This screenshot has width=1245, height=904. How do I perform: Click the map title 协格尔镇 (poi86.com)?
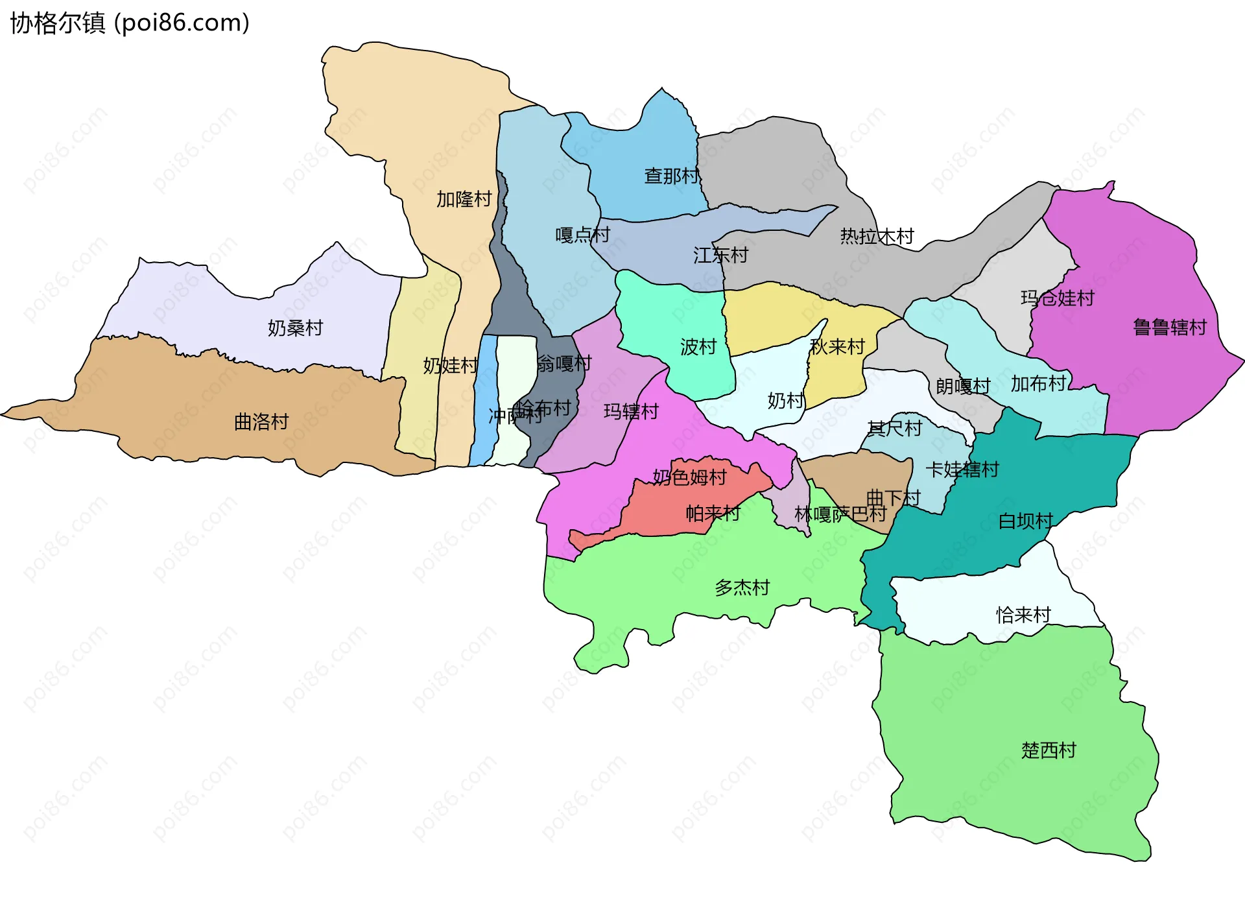pyautogui.click(x=130, y=23)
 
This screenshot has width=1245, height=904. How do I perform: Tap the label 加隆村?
pyautogui.click(x=464, y=199)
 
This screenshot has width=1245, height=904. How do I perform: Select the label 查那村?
pyautogui.click(x=671, y=176)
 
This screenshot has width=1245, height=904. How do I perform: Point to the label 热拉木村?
pyautogui.click(x=877, y=236)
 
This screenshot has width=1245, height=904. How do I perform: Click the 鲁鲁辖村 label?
pyautogui.click(x=1169, y=327)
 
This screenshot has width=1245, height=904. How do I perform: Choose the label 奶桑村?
pyautogui.click(x=295, y=328)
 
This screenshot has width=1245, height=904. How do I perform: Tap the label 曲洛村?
pyautogui.click(x=261, y=422)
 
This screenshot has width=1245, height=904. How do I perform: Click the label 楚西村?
pyautogui.click(x=1049, y=750)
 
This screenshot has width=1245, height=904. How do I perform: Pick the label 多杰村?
pyautogui.click(x=742, y=588)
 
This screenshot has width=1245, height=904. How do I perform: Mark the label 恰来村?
pyautogui.click(x=1023, y=614)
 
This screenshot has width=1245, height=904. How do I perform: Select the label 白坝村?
pyautogui.click(x=1025, y=521)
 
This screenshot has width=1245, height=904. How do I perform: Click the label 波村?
pyautogui.click(x=698, y=347)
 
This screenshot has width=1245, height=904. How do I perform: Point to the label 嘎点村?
pyautogui.click(x=582, y=235)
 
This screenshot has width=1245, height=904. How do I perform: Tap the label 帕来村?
pyautogui.click(x=713, y=514)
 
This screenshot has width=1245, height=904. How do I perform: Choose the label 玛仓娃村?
pyautogui.click(x=1057, y=298)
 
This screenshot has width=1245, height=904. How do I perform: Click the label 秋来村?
pyautogui.click(x=837, y=347)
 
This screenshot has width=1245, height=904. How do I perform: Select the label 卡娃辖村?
pyautogui.click(x=962, y=469)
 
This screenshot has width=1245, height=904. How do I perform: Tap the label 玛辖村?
pyautogui.click(x=630, y=411)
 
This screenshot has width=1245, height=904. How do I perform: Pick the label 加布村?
pyautogui.click(x=1038, y=384)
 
